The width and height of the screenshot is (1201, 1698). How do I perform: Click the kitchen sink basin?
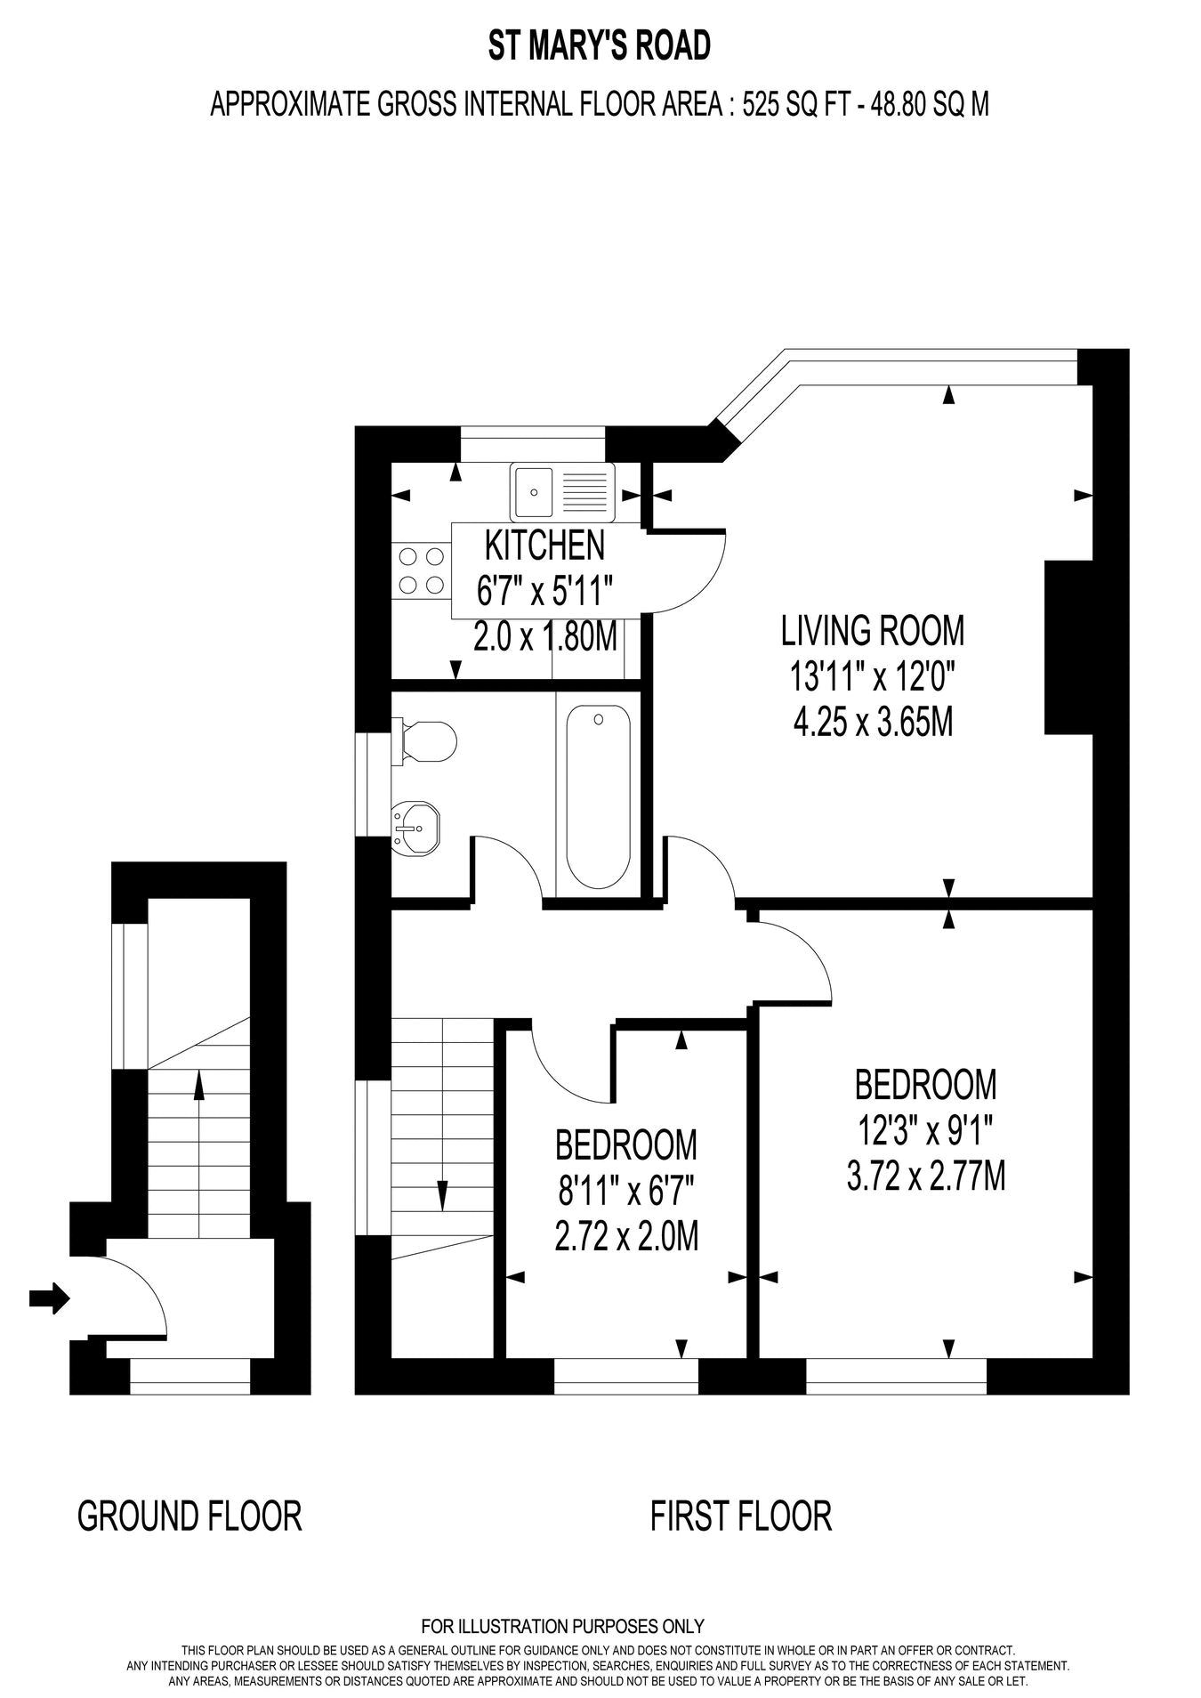tap(533, 491)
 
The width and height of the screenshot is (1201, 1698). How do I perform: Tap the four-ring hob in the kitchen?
tap(422, 570)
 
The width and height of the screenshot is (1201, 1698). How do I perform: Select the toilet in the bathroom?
tap(426, 740)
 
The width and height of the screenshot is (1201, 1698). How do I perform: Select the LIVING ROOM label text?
tap(872, 630)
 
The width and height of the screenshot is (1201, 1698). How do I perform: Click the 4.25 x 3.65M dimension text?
tap(873, 723)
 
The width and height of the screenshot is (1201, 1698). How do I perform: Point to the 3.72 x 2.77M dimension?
tap(926, 1177)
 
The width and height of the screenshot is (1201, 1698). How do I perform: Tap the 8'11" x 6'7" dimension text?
tap(625, 1191)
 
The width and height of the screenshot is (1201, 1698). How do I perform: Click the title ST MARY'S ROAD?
tap(600, 46)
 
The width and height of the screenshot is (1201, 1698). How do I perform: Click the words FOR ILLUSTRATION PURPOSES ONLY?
tap(562, 1627)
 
